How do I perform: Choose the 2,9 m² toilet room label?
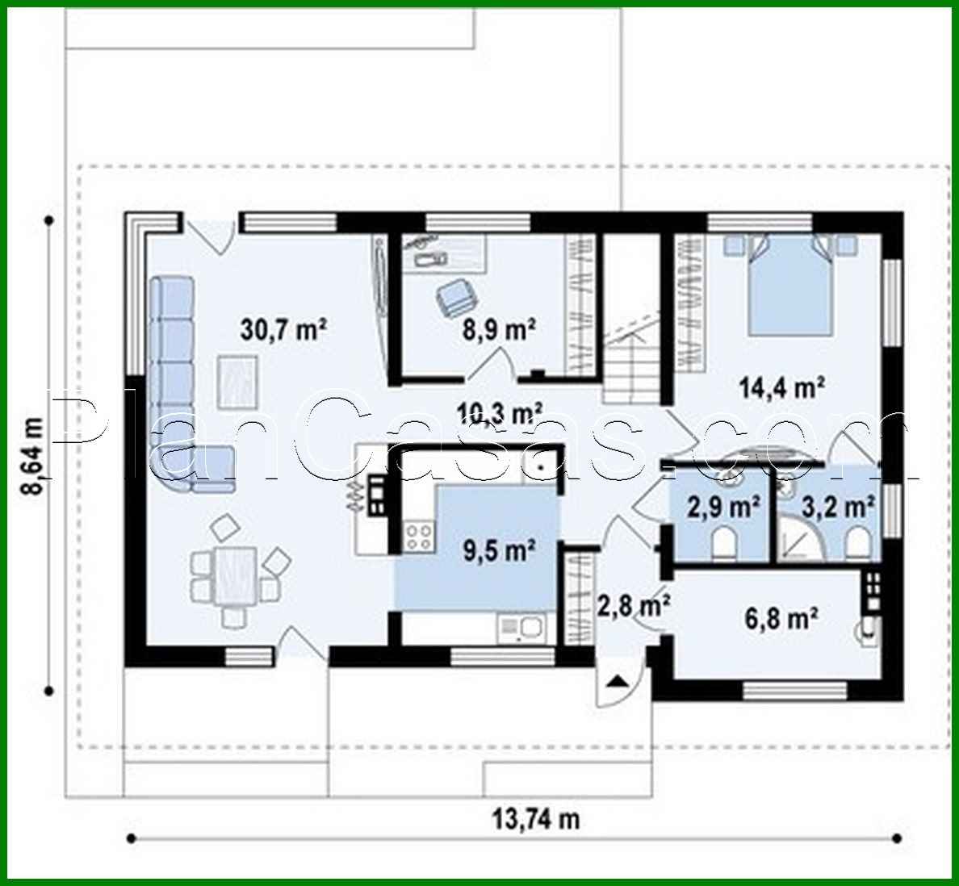pyautogui.click(x=722, y=508)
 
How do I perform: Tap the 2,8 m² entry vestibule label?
pyautogui.click(x=632, y=604)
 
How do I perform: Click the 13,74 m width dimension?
pyautogui.click(x=536, y=820)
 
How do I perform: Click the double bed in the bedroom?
pyautogui.click(x=789, y=285)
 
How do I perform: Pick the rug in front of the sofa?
pyautogui.click(x=237, y=382)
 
